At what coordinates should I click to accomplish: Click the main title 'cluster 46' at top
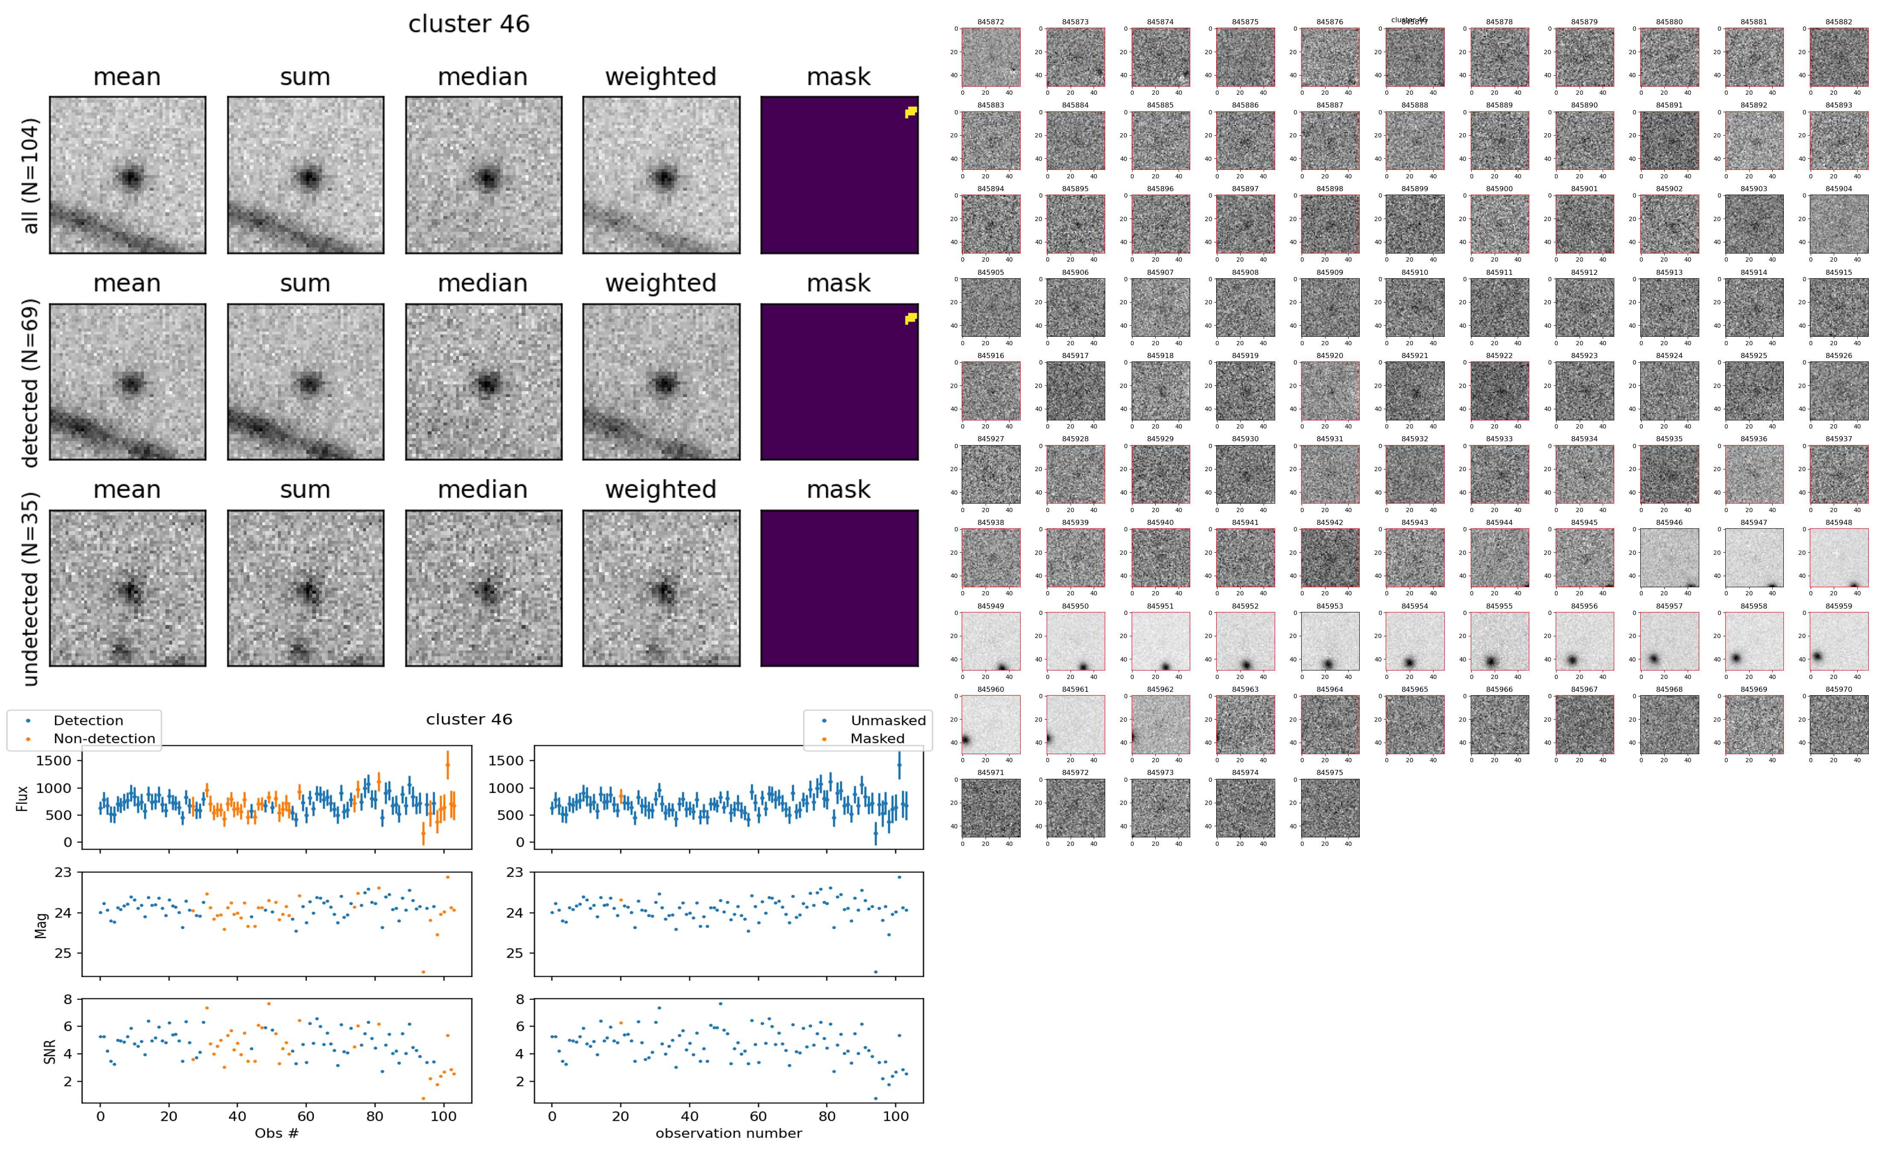[x=469, y=24]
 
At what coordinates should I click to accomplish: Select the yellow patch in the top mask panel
[x=910, y=112]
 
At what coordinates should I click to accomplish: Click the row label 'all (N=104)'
[x=31, y=175]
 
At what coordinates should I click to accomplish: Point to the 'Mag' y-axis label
[x=41, y=924]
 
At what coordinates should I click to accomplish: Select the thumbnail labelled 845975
[x=1329, y=807]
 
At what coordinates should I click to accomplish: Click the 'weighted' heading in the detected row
[x=661, y=283]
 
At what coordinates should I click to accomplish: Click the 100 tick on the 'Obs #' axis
[x=444, y=1116]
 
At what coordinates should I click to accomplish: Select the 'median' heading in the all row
[x=483, y=77]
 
